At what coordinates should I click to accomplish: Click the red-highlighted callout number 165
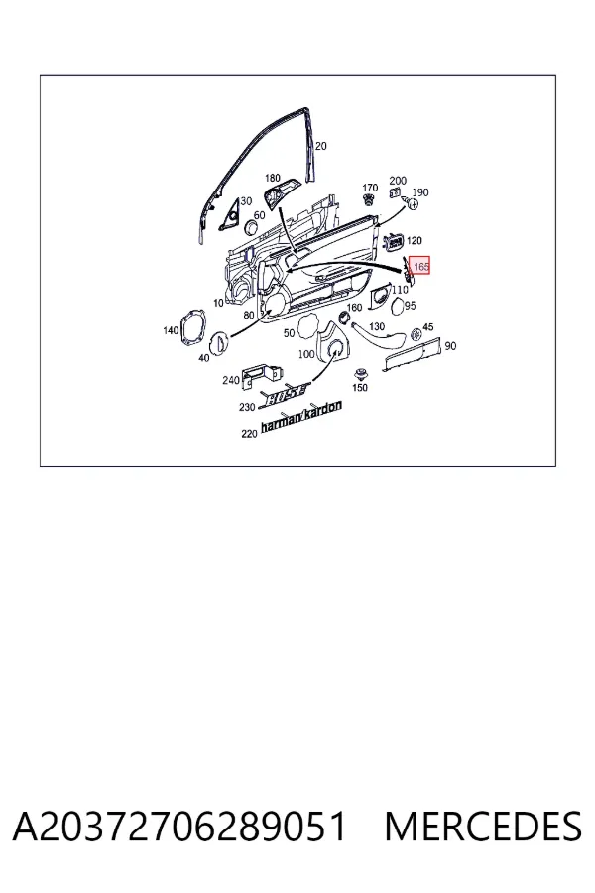(x=421, y=266)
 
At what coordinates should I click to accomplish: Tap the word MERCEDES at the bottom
(x=483, y=827)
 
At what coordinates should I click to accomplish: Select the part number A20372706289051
(x=179, y=827)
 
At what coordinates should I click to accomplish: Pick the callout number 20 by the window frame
(x=321, y=147)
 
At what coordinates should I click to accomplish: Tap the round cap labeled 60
(x=251, y=228)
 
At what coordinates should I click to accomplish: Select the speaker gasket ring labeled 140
(x=192, y=327)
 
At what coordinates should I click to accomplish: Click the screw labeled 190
(x=412, y=202)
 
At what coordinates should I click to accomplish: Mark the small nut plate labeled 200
(x=396, y=193)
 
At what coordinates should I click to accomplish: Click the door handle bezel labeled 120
(x=394, y=243)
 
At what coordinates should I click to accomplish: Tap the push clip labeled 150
(x=360, y=375)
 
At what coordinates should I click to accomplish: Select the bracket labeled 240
(x=262, y=375)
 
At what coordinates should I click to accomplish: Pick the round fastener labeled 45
(x=416, y=333)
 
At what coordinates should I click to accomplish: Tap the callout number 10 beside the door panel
(x=218, y=303)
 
